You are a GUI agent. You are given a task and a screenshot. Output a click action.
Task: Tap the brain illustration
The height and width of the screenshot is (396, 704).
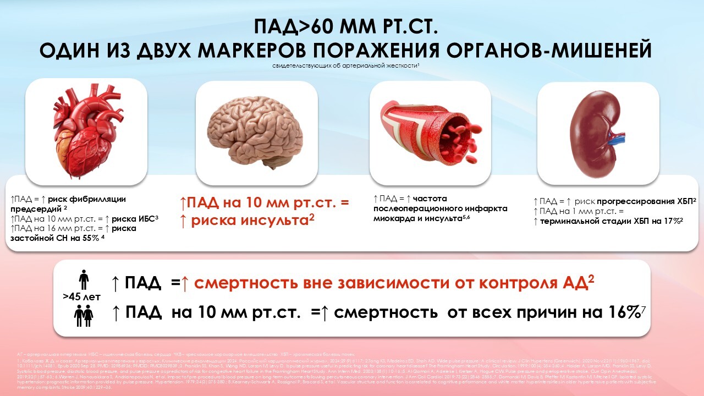coord(257,132)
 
